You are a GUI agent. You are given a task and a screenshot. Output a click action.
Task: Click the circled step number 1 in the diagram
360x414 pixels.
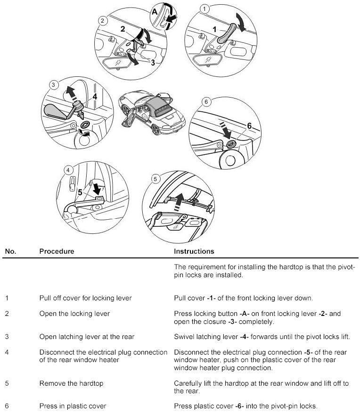(x=204, y=9)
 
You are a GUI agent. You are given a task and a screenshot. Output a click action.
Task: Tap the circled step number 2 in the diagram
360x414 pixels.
(x=102, y=20)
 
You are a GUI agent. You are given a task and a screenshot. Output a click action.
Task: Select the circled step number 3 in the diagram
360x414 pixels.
(x=54, y=85)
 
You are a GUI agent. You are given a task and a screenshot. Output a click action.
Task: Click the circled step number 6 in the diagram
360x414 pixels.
(x=205, y=101)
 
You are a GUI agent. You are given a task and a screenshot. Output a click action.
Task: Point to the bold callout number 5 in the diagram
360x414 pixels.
(x=80, y=192)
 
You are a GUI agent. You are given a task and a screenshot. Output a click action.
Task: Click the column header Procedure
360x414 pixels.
(x=57, y=251)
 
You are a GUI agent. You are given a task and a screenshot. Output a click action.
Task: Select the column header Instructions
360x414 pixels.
(x=194, y=251)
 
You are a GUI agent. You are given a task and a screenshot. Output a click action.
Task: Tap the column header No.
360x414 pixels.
(x=10, y=251)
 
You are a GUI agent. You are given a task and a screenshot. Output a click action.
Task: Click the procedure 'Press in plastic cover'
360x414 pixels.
(x=73, y=406)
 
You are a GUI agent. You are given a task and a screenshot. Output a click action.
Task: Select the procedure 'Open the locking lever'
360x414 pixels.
(x=74, y=314)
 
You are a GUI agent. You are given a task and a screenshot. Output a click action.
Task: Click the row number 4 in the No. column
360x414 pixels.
(x=7, y=352)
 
